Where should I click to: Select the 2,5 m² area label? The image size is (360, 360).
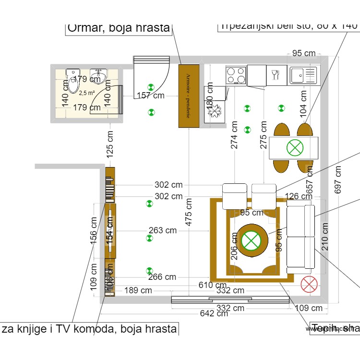[x=87, y=93]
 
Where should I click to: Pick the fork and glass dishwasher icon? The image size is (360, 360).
[x=276, y=75]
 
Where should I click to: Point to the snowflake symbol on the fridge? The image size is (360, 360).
[x=213, y=111]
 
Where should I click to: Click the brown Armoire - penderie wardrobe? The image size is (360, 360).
[x=189, y=96]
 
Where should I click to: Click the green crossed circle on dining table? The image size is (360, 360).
[x=295, y=147]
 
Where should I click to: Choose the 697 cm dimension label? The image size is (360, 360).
[x=338, y=180]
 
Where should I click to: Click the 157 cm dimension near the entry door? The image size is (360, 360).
[x=151, y=96]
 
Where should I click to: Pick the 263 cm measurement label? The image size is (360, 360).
[x=162, y=230]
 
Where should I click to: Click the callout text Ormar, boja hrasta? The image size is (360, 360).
[x=119, y=28]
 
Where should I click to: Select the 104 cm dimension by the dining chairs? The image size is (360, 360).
[x=302, y=104]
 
